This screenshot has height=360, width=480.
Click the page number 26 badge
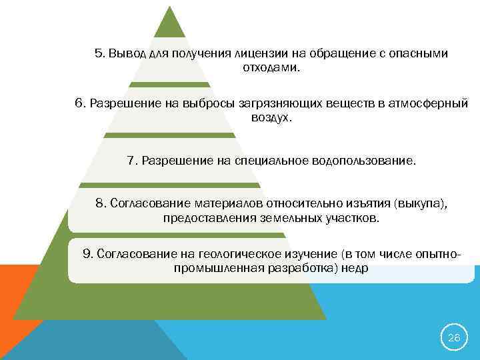pyautogui.click(x=453, y=338)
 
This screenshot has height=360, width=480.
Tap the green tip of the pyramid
pyautogui.click(x=169, y=23)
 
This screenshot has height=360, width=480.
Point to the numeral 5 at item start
pyautogui.click(x=99, y=53)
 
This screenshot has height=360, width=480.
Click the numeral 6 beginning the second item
pyautogui.click(x=79, y=103)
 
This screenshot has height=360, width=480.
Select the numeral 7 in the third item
pyautogui.click(x=131, y=161)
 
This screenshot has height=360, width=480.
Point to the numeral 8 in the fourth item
pyautogui.click(x=100, y=203)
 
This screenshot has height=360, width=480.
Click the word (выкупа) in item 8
pyautogui.click(x=420, y=203)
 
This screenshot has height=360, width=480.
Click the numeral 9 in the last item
pyautogui.click(x=87, y=253)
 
